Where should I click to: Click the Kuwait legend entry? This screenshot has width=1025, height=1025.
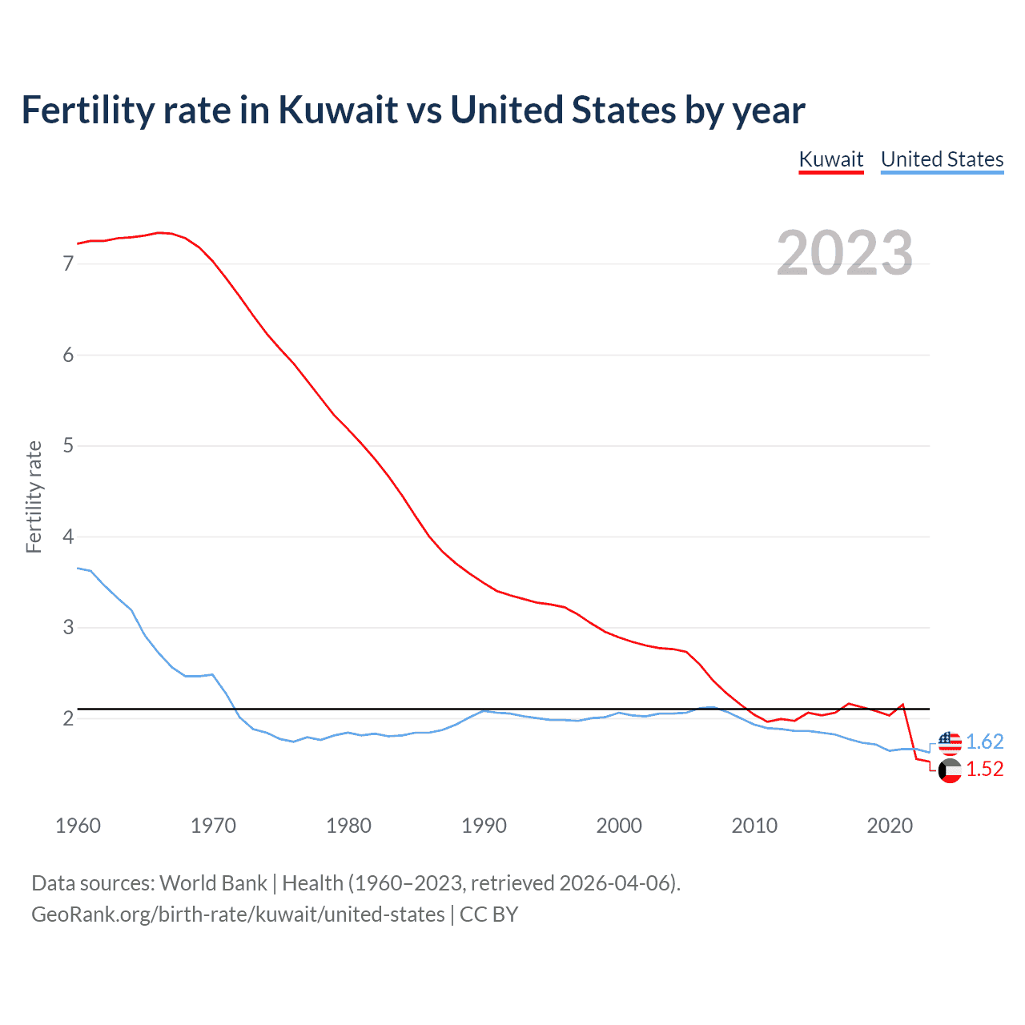pyautogui.click(x=831, y=159)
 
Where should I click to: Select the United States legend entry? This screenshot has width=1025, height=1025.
pyautogui.click(x=942, y=159)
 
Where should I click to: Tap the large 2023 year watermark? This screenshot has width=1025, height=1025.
pyautogui.click(x=845, y=253)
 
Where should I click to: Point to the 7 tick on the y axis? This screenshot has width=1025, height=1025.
pyautogui.click(x=68, y=263)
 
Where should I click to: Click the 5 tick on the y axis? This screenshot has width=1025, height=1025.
pyautogui.click(x=68, y=445)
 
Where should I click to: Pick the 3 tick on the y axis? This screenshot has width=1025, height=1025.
pyautogui.click(x=68, y=627)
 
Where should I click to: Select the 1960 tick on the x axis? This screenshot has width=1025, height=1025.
pyautogui.click(x=78, y=826)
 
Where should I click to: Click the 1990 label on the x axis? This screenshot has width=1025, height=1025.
pyautogui.click(x=484, y=826)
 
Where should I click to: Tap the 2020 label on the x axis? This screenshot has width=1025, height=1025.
pyautogui.click(x=890, y=826)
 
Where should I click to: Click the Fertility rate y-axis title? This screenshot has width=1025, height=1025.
pyautogui.click(x=34, y=496)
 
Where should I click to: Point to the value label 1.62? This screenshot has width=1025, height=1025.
pyautogui.click(x=984, y=742)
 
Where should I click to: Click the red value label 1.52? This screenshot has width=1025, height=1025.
pyautogui.click(x=984, y=769)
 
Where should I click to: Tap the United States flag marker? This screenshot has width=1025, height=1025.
pyautogui.click(x=950, y=742)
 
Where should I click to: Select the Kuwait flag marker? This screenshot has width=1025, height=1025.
pyautogui.click(x=950, y=771)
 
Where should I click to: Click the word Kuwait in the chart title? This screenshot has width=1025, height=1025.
pyautogui.click(x=338, y=111)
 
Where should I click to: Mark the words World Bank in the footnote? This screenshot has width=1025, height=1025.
pyautogui.click(x=213, y=883)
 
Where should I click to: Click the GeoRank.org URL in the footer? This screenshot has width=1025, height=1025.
pyautogui.click(x=238, y=914)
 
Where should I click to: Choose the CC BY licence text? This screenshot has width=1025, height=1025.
pyautogui.click(x=489, y=914)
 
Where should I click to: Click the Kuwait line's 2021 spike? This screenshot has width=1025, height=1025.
pyautogui.click(x=902, y=705)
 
